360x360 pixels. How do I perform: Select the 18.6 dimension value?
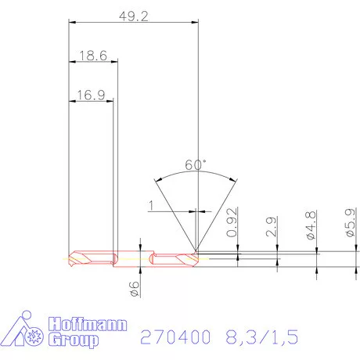[93, 56]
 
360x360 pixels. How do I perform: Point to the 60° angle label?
[196, 164]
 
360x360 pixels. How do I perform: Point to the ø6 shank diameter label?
[135, 288]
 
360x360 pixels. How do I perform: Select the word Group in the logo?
[75, 340]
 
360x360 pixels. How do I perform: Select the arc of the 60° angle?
[196, 175]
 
